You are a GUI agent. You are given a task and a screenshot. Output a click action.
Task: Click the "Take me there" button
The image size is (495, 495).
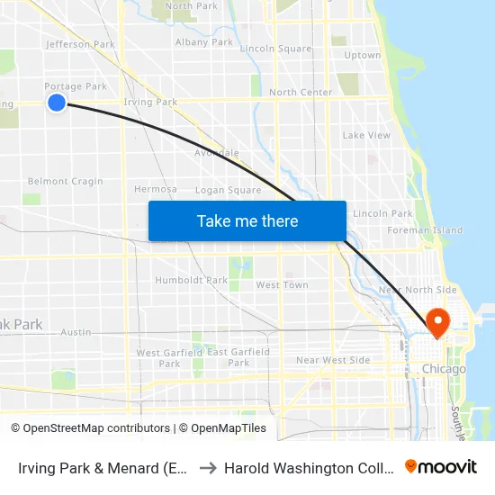point(247,220)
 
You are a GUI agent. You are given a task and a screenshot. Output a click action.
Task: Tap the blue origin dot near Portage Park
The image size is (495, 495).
point(57,103)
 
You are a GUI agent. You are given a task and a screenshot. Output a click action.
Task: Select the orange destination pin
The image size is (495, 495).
point(438,322)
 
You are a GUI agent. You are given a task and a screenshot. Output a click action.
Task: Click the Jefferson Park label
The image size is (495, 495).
point(80,43)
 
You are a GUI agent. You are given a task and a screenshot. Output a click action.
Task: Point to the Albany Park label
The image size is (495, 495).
point(204,41)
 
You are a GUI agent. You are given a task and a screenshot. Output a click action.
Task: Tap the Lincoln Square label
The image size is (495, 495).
point(276,49)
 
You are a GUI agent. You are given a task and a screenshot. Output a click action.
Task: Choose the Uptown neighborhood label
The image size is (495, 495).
point(362,55)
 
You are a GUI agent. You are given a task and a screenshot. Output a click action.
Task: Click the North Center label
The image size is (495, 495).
point(301,92)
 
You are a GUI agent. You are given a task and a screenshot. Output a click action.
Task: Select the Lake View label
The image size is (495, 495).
point(366,135)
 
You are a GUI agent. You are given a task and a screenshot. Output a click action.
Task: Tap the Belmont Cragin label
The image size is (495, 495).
point(66,181)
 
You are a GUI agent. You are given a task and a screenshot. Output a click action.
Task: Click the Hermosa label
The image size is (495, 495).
point(155,189)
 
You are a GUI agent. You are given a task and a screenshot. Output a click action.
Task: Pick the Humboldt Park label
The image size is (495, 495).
point(192,280)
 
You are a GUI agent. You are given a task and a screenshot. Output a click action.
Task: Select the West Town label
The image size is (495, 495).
point(282,284)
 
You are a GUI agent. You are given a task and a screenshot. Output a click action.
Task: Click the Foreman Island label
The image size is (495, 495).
point(424,230)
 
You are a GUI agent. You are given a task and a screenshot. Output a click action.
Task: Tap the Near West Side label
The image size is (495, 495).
point(333,360)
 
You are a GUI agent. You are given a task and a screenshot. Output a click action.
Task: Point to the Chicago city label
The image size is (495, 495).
point(444,369)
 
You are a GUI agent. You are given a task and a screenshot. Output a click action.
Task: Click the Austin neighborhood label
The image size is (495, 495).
point(76,332)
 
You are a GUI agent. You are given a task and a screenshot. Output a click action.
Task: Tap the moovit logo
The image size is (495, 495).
point(441,466)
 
